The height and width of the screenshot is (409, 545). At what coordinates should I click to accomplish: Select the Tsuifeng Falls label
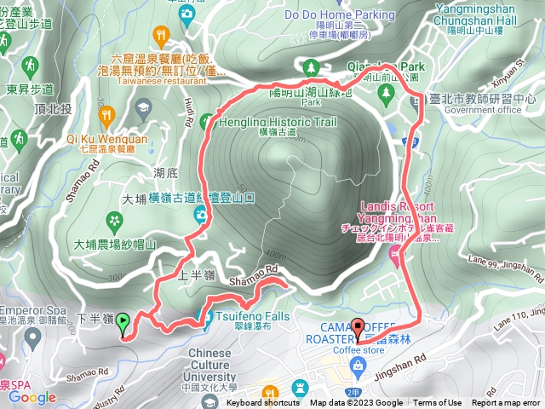[253, 316]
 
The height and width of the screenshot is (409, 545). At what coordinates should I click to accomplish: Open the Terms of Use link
[438, 403]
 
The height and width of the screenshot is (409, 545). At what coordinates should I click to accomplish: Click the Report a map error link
[508, 403]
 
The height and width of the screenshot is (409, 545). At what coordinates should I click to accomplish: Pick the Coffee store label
[359, 349]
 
